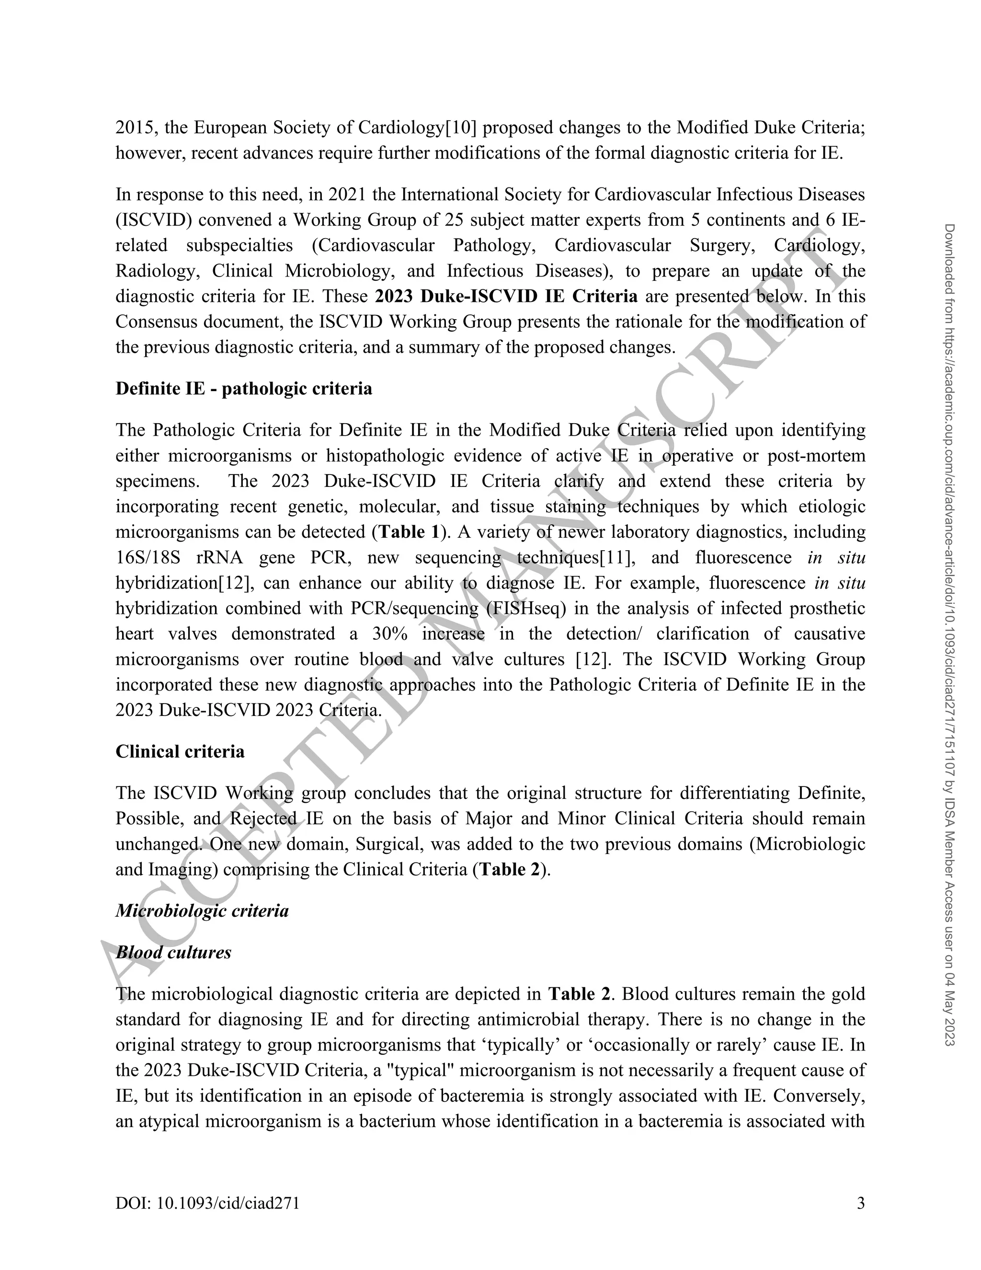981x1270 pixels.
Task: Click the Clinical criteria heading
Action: click(180, 751)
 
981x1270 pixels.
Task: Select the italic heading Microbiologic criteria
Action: click(202, 910)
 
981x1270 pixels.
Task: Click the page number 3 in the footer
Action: click(861, 1202)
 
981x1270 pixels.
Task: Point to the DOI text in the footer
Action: click(207, 1202)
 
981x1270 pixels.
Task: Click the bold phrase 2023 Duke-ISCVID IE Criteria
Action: click(506, 296)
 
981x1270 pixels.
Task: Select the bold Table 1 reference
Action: click(409, 531)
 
